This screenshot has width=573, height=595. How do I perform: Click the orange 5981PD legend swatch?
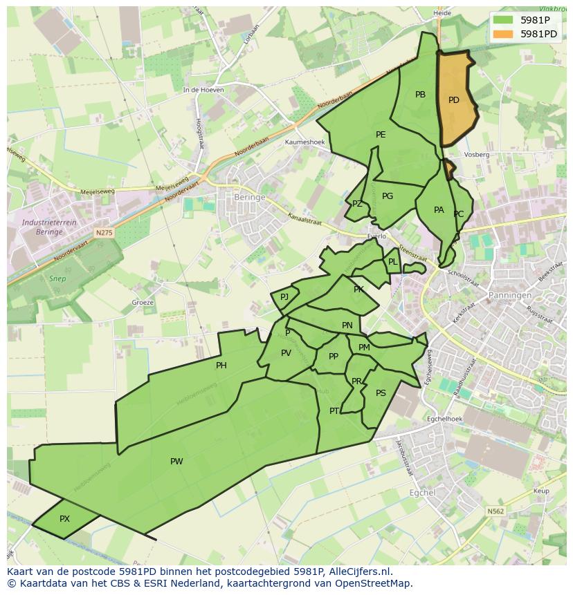[504, 34]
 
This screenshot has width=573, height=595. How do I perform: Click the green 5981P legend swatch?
[504, 21]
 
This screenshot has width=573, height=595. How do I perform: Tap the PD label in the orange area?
[454, 100]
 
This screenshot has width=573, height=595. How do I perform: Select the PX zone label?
[64, 519]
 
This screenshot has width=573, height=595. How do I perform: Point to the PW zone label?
[176, 462]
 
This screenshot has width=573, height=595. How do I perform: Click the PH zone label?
[221, 366]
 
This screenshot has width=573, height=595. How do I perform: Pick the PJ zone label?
[284, 297]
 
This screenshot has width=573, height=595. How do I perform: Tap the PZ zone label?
[357, 204]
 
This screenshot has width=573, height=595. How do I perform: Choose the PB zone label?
[420, 95]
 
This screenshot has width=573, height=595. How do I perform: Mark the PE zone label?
[381, 135]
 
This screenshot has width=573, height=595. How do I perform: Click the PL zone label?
[393, 262]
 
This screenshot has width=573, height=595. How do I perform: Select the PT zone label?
[334, 411]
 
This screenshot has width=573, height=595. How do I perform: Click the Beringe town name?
[250, 197]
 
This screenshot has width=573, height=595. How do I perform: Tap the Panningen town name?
[509, 295]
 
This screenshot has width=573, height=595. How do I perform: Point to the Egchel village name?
[422, 493]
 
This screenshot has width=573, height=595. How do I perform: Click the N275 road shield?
[104, 234]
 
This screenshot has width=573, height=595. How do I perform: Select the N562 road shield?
[495, 511]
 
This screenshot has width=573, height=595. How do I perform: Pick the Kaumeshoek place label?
[304, 142]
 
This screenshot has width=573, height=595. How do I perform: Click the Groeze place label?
[143, 303]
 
